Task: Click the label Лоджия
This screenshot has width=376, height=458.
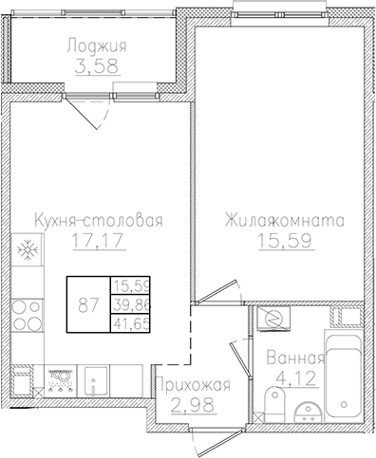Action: point(97,45)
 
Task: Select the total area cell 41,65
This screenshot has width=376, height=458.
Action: point(129,323)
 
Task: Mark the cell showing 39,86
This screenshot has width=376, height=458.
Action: point(129,305)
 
